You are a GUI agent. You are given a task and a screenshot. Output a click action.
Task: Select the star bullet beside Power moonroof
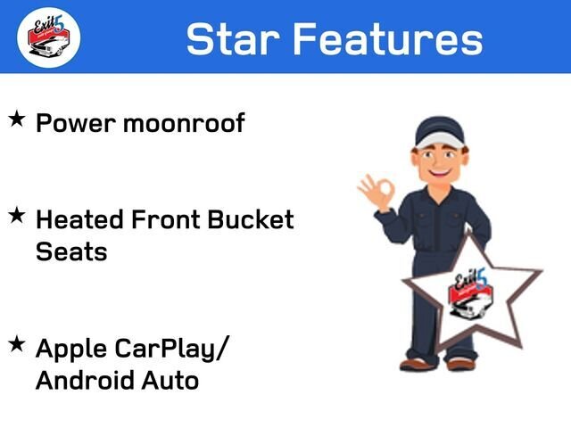point(17,119)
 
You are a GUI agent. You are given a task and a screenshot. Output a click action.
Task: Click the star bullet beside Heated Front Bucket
point(17,216)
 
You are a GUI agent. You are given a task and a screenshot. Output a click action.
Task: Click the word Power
point(75,123)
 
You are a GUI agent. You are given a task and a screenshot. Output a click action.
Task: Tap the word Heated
point(81,219)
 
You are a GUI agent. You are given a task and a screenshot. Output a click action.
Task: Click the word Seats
point(71,251)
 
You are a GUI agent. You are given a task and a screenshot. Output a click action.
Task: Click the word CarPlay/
point(175,349)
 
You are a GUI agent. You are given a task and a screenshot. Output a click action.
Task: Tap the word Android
point(87,381)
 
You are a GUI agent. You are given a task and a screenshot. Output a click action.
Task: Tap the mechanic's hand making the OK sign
point(375,191)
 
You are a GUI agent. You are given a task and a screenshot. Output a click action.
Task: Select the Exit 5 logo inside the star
point(469,293)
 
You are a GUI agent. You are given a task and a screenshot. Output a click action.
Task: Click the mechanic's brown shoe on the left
point(417,362)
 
